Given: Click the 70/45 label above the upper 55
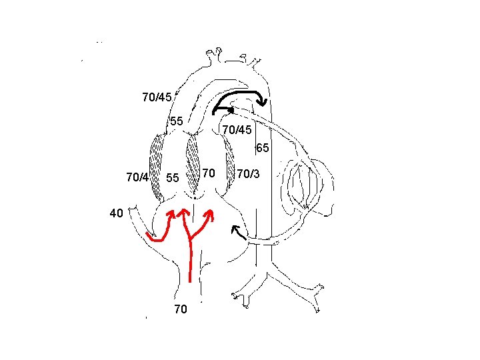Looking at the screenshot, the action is (x=158, y=97).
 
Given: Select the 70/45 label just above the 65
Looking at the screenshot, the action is (x=236, y=129).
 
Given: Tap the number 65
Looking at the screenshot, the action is (x=262, y=147).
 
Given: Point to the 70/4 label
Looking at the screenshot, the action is (x=137, y=177).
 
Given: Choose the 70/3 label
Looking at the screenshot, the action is (x=248, y=174).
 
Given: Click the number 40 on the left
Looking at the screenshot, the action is (x=116, y=214).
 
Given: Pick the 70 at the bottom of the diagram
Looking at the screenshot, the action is (x=180, y=310).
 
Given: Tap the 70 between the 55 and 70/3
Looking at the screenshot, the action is (x=208, y=174).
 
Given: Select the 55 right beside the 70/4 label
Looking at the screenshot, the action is (x=173, y=178).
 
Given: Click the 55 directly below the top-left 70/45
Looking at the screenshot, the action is (x=176, y=121).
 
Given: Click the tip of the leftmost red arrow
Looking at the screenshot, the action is (x=171, y=213).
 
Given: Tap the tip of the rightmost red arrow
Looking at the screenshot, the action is (x=211, y=213).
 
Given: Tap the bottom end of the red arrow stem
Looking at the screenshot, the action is (x=191, y=282).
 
